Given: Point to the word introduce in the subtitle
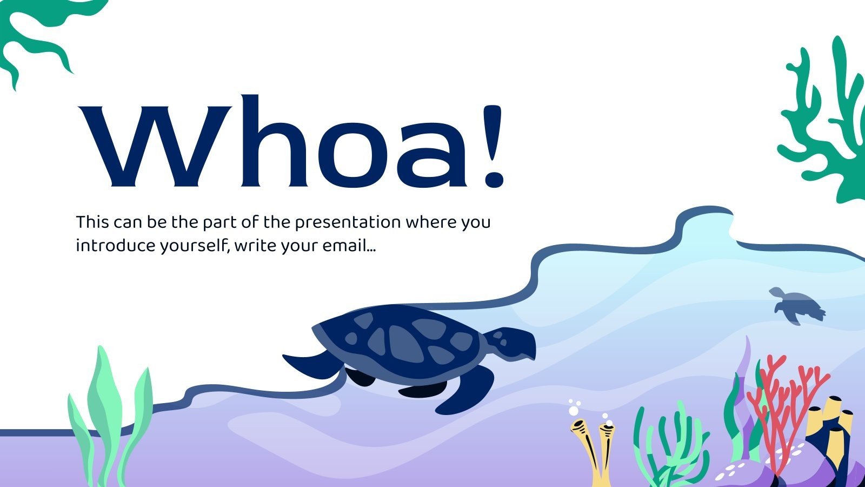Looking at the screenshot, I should click(x=115, y=246).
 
